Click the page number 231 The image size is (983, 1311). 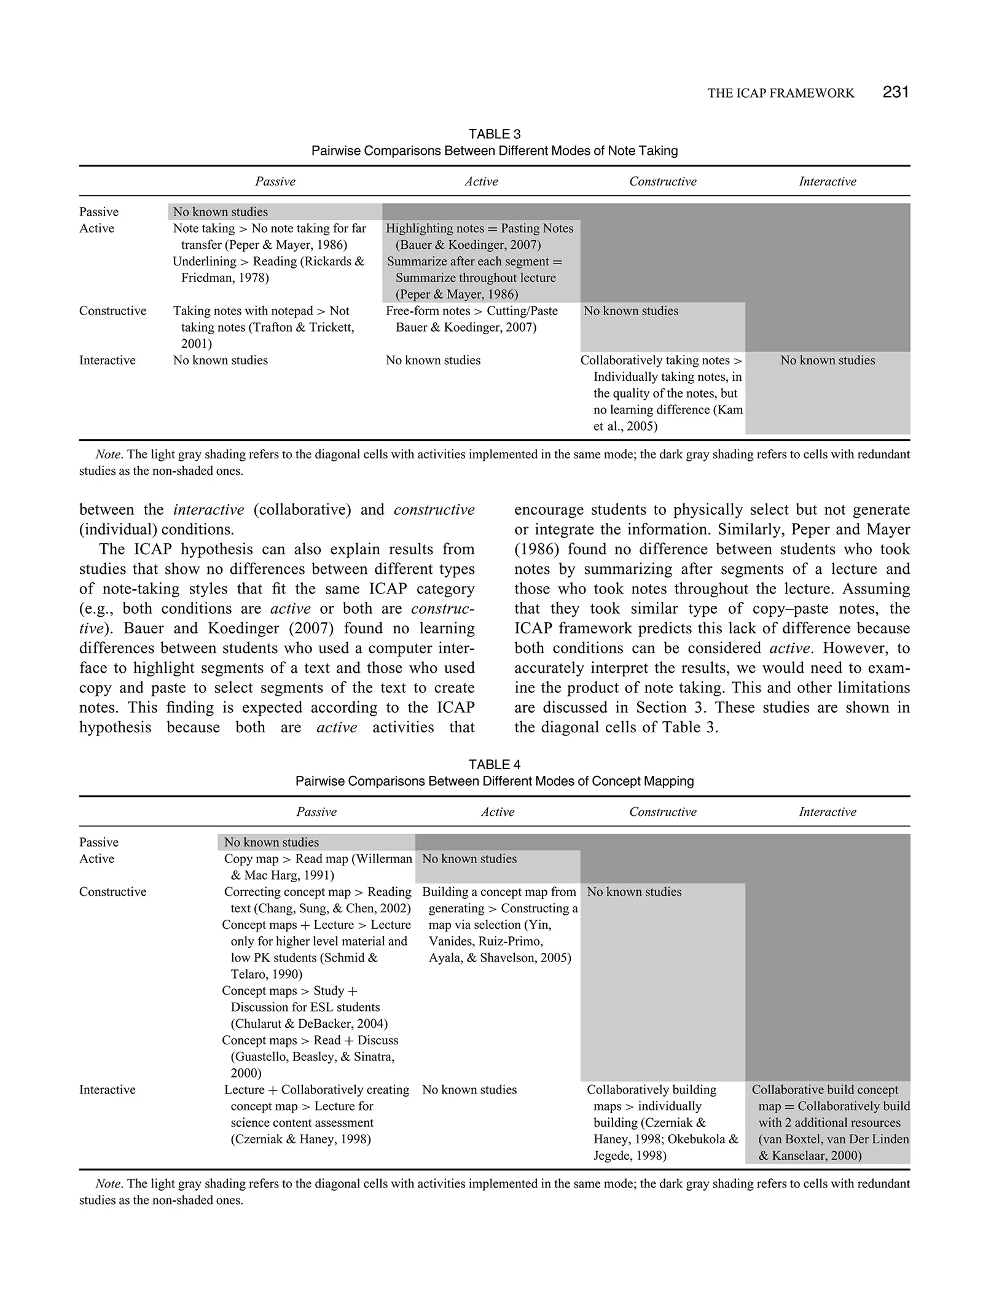895,92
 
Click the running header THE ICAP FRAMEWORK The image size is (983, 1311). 780,93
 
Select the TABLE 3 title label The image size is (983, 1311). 495,134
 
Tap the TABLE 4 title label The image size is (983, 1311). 495,764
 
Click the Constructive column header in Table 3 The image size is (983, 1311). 662,181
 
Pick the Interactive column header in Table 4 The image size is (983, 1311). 827,812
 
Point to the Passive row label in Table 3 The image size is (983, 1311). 99,212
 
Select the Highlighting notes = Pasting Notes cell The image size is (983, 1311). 479,237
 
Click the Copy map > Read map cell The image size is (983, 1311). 317,867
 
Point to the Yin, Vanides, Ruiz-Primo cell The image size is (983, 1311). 499,925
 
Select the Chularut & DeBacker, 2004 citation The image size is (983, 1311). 309,1023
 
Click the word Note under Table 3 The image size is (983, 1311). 108,455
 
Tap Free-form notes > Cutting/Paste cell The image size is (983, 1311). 471,319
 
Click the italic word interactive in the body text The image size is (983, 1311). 209,510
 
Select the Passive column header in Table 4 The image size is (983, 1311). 316,812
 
